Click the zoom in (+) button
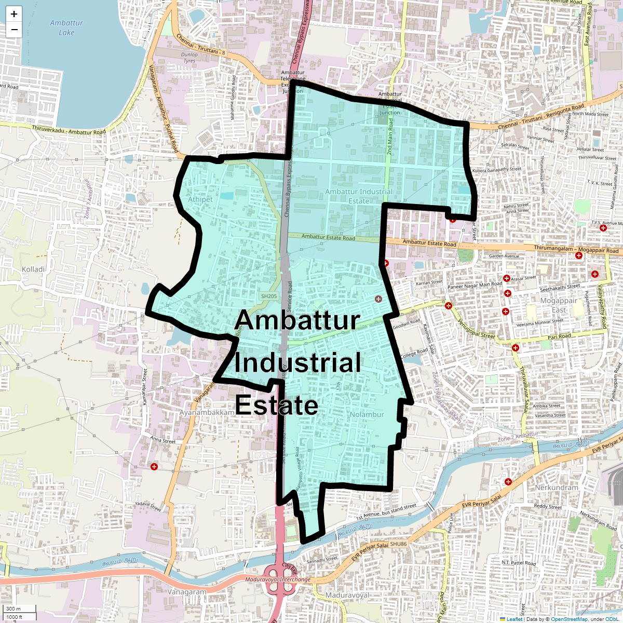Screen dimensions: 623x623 [14, 14]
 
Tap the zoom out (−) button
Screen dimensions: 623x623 [14, 30]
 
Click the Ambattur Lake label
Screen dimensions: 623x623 [66, 28]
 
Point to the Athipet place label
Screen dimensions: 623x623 [200, 199]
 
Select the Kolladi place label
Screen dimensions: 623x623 [33, 269]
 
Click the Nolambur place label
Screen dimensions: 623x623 [367, 414]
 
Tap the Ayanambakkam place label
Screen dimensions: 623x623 [207, 412]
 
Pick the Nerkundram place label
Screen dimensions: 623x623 [556, 487]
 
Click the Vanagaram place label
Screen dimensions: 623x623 [187, 592]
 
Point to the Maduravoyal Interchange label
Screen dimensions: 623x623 [278, 579]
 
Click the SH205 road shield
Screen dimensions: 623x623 [269, 296]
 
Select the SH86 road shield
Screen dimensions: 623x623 [399, 544]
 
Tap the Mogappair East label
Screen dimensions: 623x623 [559, 305]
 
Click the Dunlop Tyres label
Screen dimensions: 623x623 [189, 58]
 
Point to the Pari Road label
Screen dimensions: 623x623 [559, 336]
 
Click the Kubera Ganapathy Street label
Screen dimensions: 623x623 [497, 170]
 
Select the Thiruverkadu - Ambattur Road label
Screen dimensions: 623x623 [69, 130]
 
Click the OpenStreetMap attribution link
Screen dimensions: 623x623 [569, 619]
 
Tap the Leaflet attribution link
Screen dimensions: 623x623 [514, 619]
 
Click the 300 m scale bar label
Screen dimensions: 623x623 [14, 609]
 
